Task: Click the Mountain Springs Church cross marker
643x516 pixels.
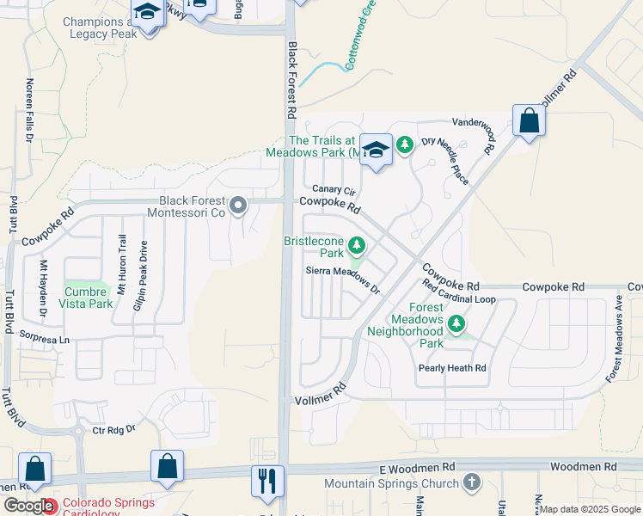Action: [469, 483]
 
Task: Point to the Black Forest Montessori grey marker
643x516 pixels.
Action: [238, 205]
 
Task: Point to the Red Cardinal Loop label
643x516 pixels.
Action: [459, 292]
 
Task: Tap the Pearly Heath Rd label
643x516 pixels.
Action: [452, 368]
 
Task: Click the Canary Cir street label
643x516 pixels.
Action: [334, 189]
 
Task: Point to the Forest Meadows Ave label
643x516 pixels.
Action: [617, 339]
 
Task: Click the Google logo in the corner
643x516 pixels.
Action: [28, 506]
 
